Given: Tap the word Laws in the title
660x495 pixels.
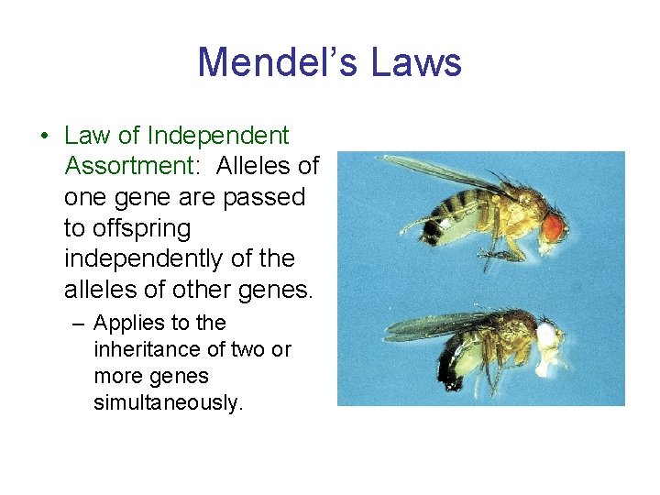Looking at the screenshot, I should pyautogui.click(x=417, y=62).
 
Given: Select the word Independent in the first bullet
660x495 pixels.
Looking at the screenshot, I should pyautogui.click(x=218, y=136).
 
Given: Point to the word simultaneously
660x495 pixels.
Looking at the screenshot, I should pyautogui.click(x=169, y=402).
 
